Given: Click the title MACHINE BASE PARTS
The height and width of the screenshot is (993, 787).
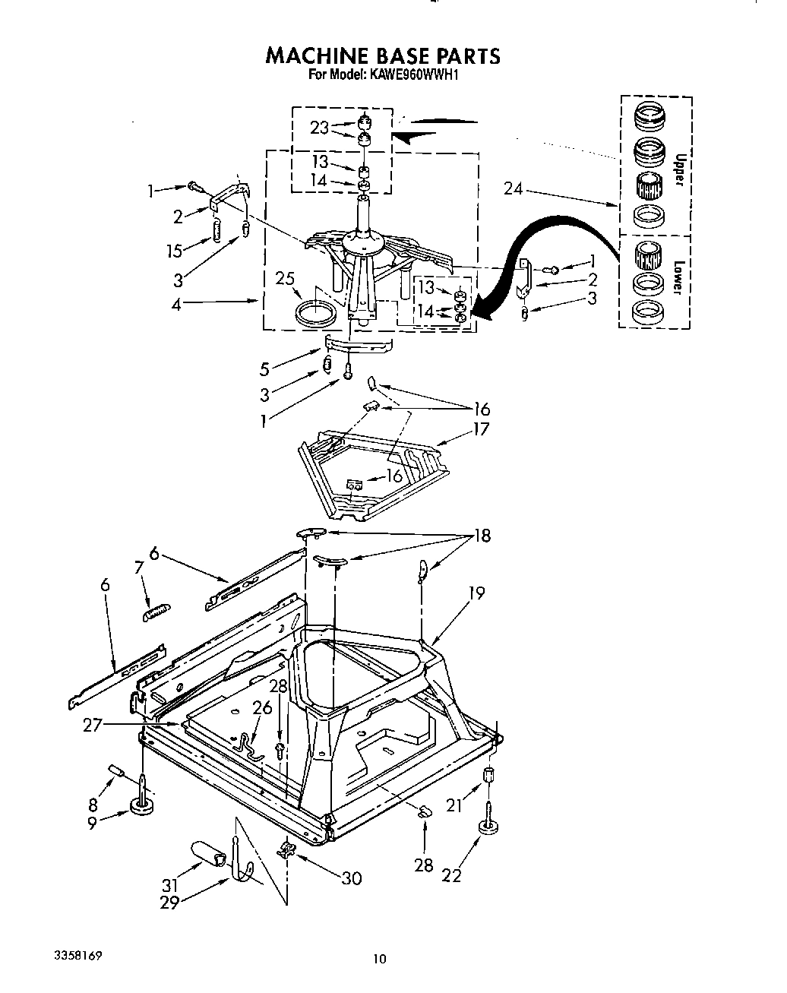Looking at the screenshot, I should pyautogui.click(x=382, y=56).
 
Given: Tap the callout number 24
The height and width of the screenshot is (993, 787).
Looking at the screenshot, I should pyautogui.click(x=514, y=188).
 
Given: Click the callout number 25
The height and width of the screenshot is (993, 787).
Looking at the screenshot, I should pyautogui.click(x=285, y=280).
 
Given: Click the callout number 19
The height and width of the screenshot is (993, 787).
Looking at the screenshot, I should pyautogui.click(x=476, y=592).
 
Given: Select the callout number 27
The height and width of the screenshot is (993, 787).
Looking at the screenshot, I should pyautogui.click(x=93, y=726).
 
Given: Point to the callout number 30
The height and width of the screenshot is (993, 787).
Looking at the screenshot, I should pyautogui.click(x=350, y=878).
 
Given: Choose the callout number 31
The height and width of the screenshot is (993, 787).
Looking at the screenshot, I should pyautogui.click(x=171, y=885).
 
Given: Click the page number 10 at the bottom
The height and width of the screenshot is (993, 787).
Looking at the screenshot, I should pyautogui.click(x=379, y=960).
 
